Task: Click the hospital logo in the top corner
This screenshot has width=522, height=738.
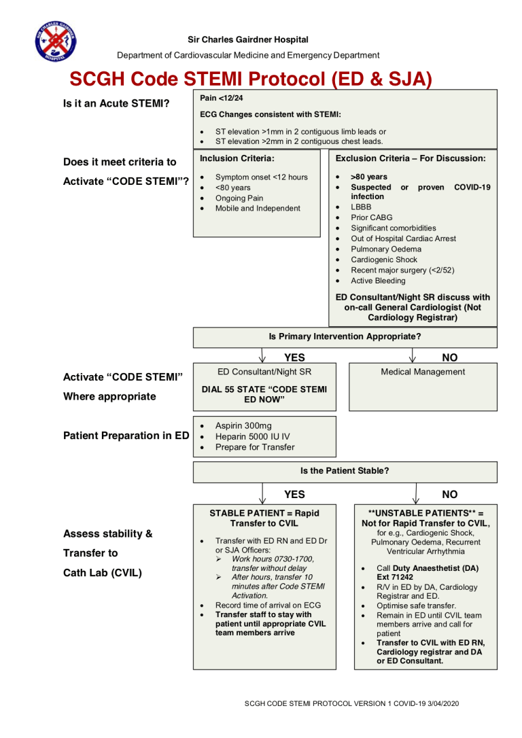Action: [55, 41]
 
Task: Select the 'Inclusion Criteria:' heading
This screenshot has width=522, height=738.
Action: [237, 158]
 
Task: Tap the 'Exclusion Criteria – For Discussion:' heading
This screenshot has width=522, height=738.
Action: [411, 158]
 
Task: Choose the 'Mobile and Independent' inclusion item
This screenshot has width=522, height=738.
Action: [258, 209]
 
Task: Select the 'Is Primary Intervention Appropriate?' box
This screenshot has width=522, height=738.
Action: [345, 336]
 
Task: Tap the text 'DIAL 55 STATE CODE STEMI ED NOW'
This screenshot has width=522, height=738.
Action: [264, 394]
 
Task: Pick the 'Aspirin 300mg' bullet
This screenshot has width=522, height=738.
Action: [243, 425]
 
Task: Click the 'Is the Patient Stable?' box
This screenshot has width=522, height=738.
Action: [345, 470]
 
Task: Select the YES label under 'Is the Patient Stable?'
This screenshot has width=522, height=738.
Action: [294, 495]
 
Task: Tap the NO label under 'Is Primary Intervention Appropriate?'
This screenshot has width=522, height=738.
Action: [449, 357]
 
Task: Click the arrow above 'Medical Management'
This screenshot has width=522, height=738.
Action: [413, 355]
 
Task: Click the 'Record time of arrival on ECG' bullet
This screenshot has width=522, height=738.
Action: [268, 605]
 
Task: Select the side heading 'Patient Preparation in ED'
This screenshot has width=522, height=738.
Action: [126, 436]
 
